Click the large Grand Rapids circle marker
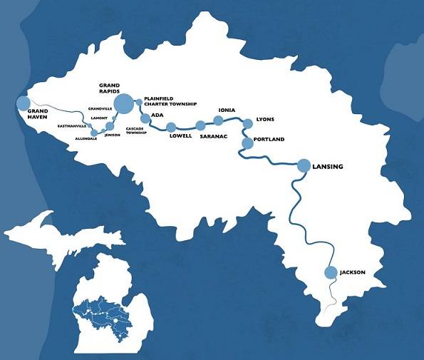[124, 103]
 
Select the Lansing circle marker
[304, 165]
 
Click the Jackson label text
[353, 272]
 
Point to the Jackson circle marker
[330, 272]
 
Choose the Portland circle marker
[247, 144]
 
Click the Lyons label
[264, 120]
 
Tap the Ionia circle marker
[219, 120]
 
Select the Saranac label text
[212, 135]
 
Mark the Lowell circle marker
[171, 128]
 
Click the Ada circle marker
[145, 118]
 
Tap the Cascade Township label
[136, 131]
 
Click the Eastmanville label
[72, 125]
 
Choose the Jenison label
[112, 135]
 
